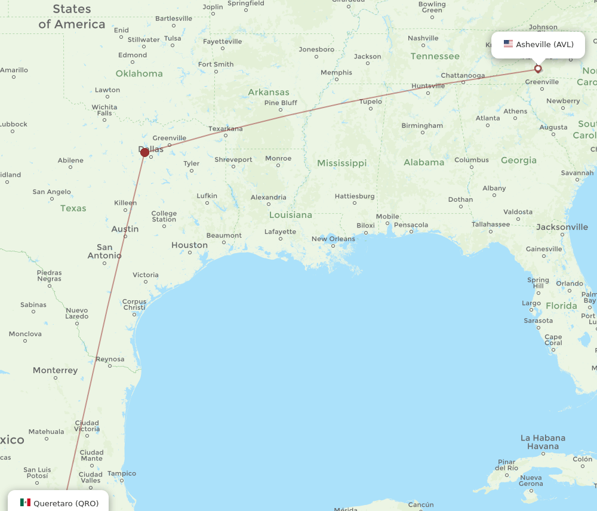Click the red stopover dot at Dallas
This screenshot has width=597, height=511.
(x=144, y=152)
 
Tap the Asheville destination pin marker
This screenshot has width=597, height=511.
(x=538, y=69)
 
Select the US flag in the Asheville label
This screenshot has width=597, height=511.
(x=508, y=44)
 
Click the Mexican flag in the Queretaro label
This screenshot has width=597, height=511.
(x=25, y=503)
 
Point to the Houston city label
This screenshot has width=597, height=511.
(x=189, y=245)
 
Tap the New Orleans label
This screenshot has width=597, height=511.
(x=333, y=239)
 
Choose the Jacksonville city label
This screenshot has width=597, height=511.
(x=562, y=227)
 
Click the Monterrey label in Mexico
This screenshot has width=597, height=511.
(x=55, y=370)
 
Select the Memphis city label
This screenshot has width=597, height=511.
(x=336, y=73)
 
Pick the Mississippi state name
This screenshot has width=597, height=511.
(x=341, y=163)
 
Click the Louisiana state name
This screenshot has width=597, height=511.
(x=290, y=215)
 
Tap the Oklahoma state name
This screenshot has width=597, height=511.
(x=139, y=73)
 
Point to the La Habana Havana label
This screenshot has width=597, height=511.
(x=543, y=442)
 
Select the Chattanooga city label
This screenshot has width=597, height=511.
(x=463, y=75)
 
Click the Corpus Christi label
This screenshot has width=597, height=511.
(x=134, y=304)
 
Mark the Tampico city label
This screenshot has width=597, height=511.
(x=122, y=473)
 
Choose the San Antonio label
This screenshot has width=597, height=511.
(x=104, y=251)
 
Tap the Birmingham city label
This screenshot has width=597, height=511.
(x=422, y=125)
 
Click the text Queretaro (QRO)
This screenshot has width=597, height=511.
(x=66, y=503)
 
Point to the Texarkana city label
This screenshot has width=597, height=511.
(x=226, y=128)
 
